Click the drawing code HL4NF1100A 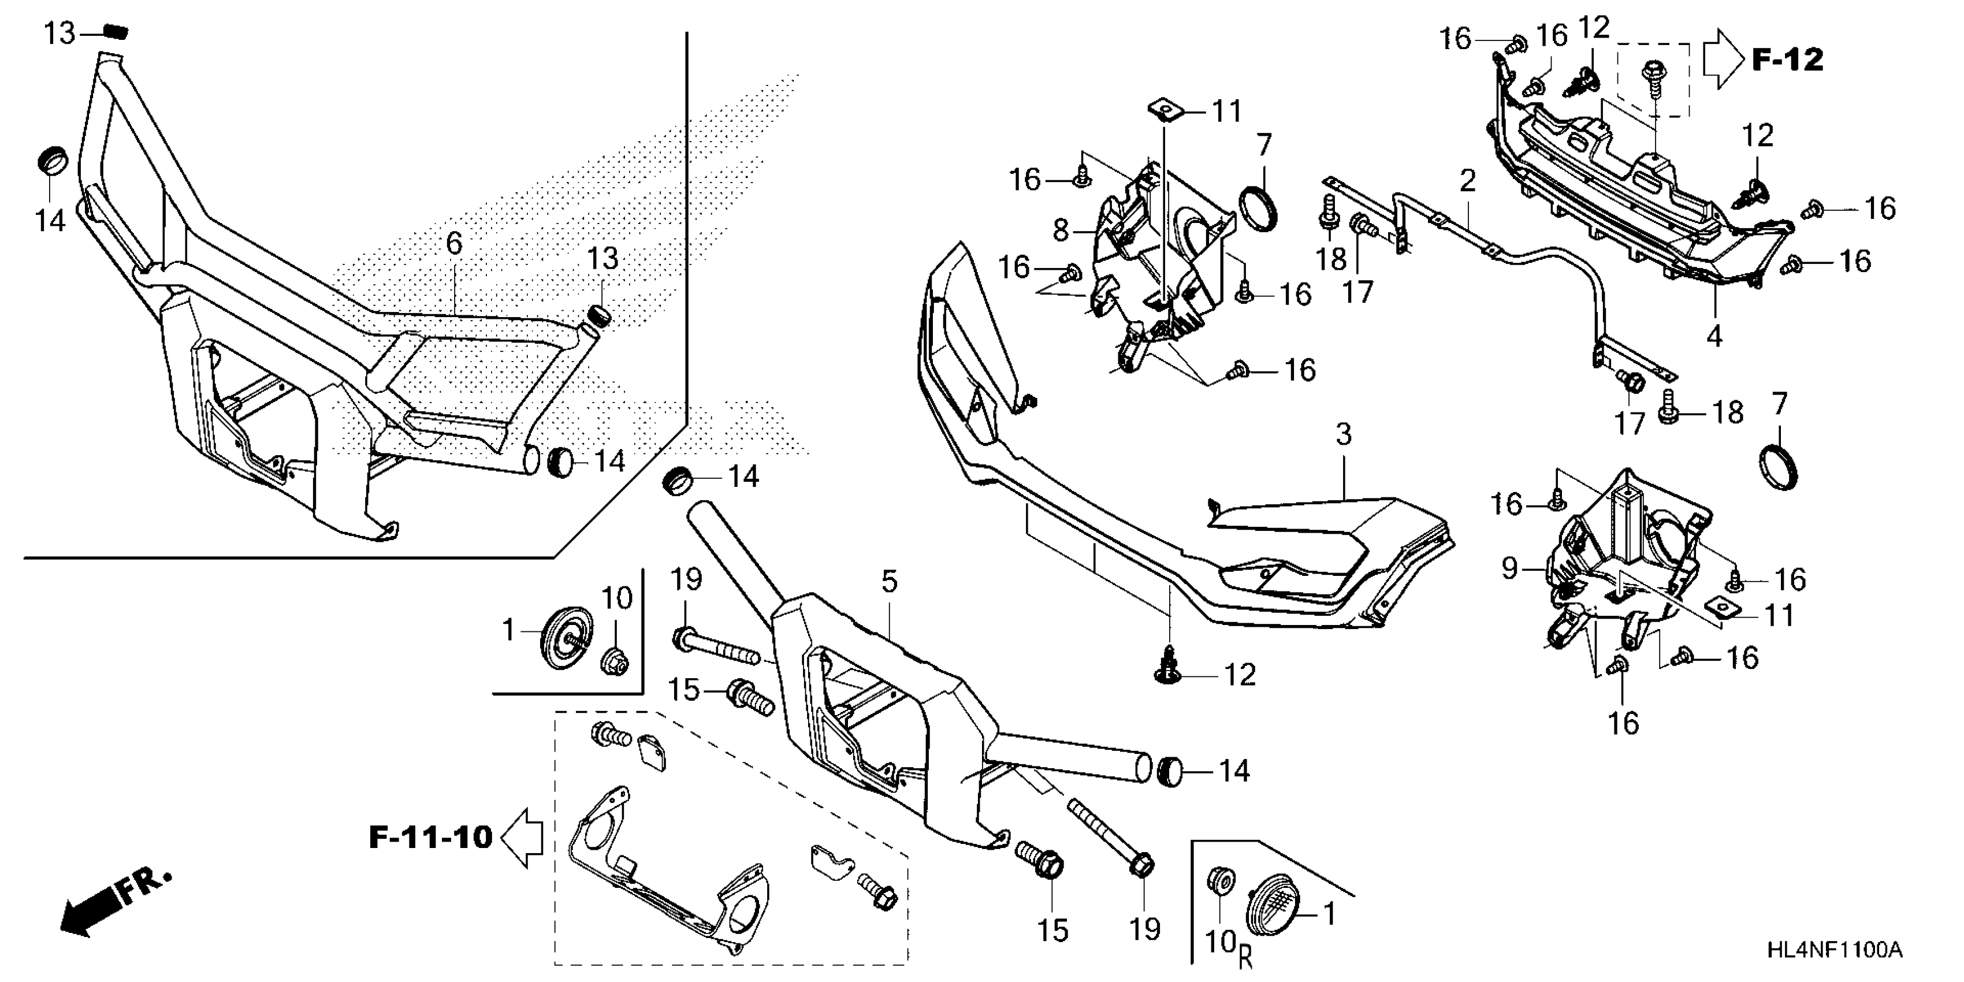(x=1833, y=950)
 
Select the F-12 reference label (x=1787, y=59)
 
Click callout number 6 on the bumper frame (x=453, y=244)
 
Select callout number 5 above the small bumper (x=889, y=582)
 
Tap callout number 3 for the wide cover (x=1344, y=434)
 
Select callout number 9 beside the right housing (x=1509, y=568)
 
